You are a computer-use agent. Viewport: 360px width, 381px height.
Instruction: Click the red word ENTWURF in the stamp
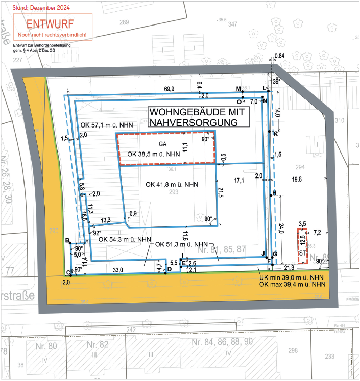(x=50, y=24)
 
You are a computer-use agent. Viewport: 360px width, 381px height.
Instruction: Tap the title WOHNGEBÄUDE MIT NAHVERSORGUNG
(x=197, y=117)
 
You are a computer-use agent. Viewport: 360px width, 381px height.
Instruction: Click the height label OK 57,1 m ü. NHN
(x=108, y=125)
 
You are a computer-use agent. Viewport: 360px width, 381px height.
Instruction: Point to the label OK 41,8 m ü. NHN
(x=172, y=184)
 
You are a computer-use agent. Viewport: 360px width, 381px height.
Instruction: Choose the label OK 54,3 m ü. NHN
(x=124, y=239)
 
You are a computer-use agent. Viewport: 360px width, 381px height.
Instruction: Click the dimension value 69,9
(x=169, y=89)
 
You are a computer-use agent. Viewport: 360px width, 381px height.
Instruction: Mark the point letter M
(x=238, y=89)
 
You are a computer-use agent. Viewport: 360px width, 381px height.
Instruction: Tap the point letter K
(x=276, y=134)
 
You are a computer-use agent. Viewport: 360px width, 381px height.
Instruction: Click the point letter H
(x=274, y=193)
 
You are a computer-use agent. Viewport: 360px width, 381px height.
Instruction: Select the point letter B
(x=67, y=240)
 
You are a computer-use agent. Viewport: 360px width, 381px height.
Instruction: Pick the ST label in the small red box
(x=302, y=252)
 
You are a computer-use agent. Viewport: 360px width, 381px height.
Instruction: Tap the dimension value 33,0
(x=117, y=270)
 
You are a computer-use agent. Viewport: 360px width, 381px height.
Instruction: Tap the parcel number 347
(x=233, y=24)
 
